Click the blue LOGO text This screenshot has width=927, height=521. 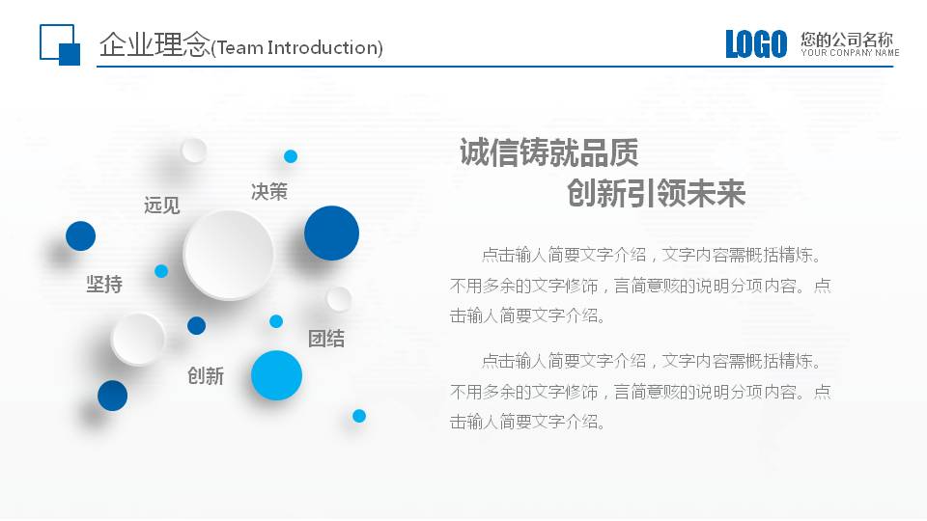[x=756, y=44]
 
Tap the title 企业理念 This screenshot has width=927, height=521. [x=154, y=44]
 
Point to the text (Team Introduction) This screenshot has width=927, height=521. [x=297, y=47]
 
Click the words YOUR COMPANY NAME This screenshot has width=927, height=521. [x=850, y=53]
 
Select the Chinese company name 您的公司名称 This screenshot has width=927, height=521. [x=847, y=40]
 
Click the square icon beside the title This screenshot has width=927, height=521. [x=59, y=44]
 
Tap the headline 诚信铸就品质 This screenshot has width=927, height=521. [x=548, y=153]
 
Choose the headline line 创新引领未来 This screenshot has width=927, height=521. [x=656, y=194]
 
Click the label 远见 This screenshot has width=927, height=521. [x=161, y=205]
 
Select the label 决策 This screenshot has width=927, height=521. [x=268, y=191]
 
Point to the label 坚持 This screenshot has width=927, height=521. [x=104, y=285]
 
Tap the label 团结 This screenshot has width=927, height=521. [x=325, y=339]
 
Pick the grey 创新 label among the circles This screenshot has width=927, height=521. [x=205, y=375]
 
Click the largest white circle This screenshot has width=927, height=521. [x=229, y=255]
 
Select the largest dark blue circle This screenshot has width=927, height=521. [x=331, y=233]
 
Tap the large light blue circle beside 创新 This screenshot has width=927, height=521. [x=276, y=375]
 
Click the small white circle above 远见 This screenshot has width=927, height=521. [x=194, y=151]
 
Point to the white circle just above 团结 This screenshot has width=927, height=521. [x=339, y=298]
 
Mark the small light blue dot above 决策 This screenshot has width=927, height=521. [x=291, y=156]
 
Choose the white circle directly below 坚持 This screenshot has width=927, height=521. [x=138, y=339]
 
